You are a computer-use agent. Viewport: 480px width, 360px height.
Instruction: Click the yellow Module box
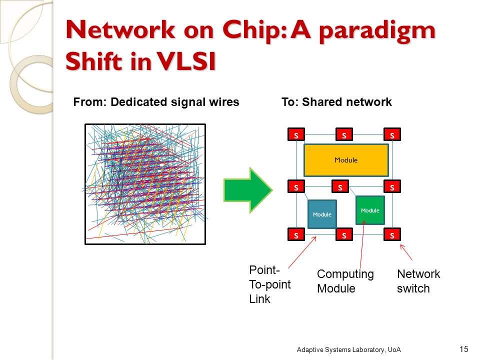(346, 160)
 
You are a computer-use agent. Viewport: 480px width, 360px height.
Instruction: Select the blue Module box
(322, 214)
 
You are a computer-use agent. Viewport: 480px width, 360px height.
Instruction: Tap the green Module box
(370, 210)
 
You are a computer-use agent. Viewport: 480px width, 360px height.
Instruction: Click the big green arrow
(248, 190)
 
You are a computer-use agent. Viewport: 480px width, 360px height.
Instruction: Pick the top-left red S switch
(296, 134)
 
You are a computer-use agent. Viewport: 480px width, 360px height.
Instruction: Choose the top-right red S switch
(392, 134)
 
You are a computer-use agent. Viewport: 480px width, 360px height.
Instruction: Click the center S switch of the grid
(340, 186)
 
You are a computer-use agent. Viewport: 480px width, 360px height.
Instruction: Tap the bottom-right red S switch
(392, 234)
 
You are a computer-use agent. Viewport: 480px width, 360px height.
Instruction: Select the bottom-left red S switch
(296, 234)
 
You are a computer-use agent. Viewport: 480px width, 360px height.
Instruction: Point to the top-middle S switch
(344, 134)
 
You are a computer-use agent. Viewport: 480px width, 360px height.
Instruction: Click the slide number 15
(464, 349)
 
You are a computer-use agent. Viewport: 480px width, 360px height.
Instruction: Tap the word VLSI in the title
(186, 61)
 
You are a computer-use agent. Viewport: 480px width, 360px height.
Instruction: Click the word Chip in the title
(252, 31)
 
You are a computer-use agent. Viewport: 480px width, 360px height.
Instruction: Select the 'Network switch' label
(418, 281)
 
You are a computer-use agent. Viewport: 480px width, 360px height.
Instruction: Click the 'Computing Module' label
(345, 281)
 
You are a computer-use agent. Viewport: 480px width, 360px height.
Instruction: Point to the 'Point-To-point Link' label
(269, 284)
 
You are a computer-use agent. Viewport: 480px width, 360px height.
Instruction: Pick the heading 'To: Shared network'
(336, 102)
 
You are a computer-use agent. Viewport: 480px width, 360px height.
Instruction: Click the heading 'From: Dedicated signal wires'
(156, 102)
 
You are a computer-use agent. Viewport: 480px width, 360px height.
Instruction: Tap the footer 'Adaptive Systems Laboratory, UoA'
(348, 349)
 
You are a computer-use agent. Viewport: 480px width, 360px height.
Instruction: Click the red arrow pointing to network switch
(406, 252)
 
